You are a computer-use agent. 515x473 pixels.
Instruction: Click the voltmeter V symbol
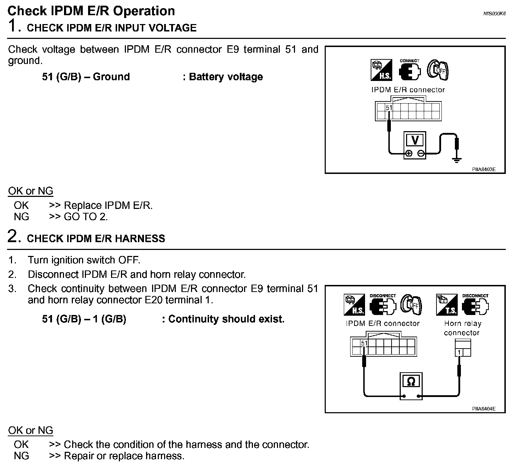(x=415, y=140)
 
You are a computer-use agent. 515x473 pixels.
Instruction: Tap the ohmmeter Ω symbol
(x=411, y=381)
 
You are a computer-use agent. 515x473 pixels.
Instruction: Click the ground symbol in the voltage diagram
(x=457, y=160)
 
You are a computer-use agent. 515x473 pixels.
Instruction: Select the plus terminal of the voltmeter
(x=409, y=153)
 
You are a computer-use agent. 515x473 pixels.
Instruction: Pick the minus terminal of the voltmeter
(x=421, y=153)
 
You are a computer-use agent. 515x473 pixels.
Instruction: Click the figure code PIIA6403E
(x=484, y=169)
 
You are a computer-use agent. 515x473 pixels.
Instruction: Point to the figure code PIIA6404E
(x=484, y=409)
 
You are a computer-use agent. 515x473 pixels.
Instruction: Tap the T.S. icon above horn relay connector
(x=447, y=305)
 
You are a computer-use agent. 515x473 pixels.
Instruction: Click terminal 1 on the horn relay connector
(x=459, y=352)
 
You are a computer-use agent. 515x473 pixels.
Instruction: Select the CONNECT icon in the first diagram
(x=410, y=69)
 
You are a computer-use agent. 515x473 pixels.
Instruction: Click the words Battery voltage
(x=226, y=77)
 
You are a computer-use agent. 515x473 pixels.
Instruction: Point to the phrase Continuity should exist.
(x=226, y=319)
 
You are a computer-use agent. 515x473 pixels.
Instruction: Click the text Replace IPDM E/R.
(x=108, y=205)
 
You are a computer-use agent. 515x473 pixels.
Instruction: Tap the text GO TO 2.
(x=86, y=217)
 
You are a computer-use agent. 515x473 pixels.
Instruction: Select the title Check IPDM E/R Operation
(x=91, y=11)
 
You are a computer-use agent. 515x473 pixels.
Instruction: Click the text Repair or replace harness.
(x=124, y=456)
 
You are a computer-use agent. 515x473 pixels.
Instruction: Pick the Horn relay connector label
(x=462, y=328)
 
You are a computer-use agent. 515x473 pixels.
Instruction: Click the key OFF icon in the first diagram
(x=438, y=69)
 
